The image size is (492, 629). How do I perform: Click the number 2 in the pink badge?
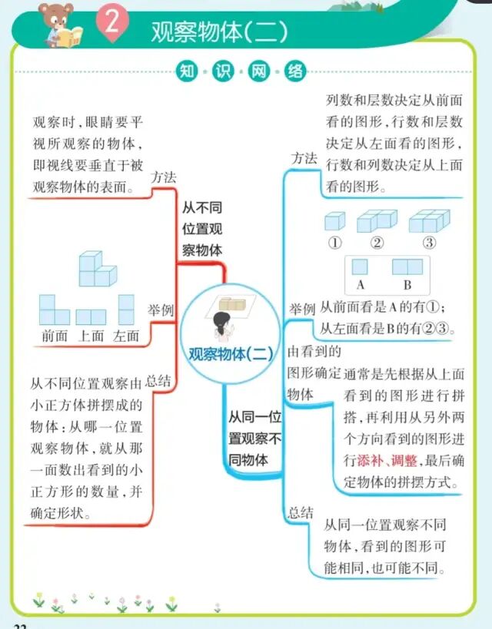pos(111,22)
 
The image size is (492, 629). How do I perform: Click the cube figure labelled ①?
pos(334,222)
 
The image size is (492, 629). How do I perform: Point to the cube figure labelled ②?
pos(375,221)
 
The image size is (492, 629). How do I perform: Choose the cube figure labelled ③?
pos(428,221)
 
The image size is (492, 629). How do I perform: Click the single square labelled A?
pos(359,266)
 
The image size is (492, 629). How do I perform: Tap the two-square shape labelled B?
pos(407,266)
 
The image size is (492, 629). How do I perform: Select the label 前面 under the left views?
pos(55,336)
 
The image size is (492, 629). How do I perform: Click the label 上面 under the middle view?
pos(91,336)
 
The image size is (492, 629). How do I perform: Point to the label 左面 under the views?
pos(126,336)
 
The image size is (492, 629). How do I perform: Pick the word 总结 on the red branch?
pos(158,381)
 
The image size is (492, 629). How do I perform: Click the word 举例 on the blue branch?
pos(302,309)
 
